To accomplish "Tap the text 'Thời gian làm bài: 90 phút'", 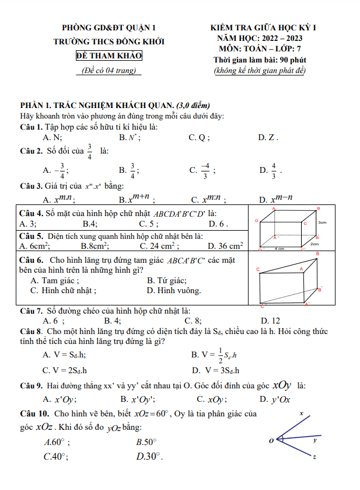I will (x=260, y=60).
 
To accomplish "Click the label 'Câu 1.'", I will (x=30, y=127).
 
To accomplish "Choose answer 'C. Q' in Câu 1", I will (x=199, y=138).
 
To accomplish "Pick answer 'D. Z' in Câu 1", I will (x=268, y=138).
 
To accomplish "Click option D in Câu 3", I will (x=275, y=199).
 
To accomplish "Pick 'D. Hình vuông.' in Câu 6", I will (x=173, y=290).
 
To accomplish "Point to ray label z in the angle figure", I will (x=316, y=456).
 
